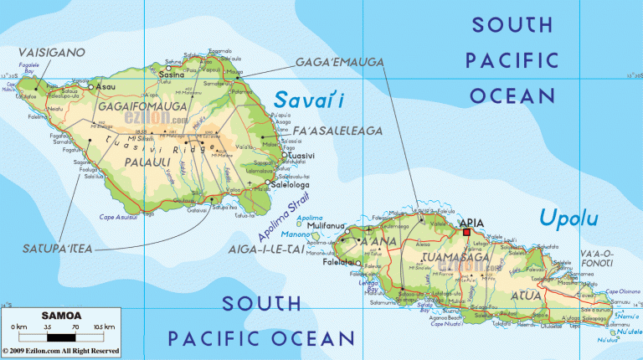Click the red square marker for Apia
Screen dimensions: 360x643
(x=466, y=209)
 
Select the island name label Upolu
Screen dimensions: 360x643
(x=568, y=219)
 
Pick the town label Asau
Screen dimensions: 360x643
(x=105, y=86)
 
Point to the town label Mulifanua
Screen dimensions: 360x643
(x=328, y=226)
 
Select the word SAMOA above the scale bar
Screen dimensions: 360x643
(x=61, y=315)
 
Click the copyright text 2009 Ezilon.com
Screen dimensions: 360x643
(x=60, y=351)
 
